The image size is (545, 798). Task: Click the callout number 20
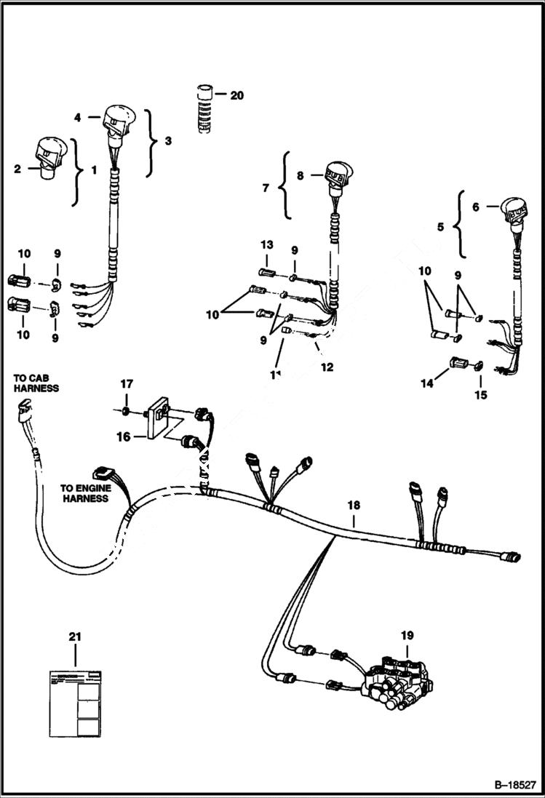[237, 95]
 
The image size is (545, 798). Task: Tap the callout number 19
[406, 635]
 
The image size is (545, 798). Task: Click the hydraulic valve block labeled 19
[397, 679]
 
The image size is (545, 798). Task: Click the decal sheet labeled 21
[75, 699]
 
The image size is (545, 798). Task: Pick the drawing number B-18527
[509, 786]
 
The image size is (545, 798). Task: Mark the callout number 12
[327, 367]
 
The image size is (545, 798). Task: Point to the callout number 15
[480, 396]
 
